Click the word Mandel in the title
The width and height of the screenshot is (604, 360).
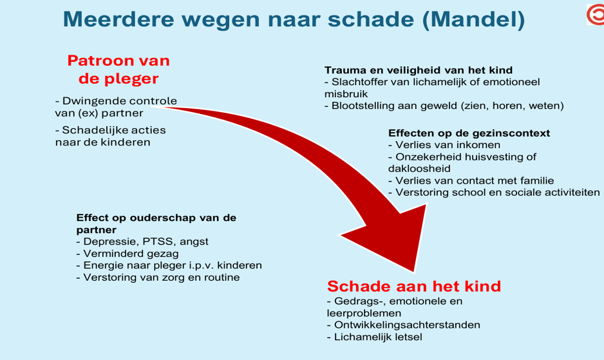(474, 19)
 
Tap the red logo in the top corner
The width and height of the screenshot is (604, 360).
(596, 15)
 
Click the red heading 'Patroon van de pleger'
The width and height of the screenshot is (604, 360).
(118, 70)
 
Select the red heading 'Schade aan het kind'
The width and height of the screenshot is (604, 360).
(414, 287)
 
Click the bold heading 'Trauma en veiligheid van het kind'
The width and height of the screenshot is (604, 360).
(419, 70)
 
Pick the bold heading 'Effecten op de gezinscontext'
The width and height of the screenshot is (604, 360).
(469, 133)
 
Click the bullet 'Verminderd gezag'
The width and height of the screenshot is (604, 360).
(127, 254)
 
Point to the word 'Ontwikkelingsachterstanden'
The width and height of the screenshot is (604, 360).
(407, 325)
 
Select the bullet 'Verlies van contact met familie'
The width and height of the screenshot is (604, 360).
(471, 181)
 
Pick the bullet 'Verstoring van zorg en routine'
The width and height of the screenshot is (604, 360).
(158, 278)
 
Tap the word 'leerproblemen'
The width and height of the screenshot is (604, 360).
(364, 313)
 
